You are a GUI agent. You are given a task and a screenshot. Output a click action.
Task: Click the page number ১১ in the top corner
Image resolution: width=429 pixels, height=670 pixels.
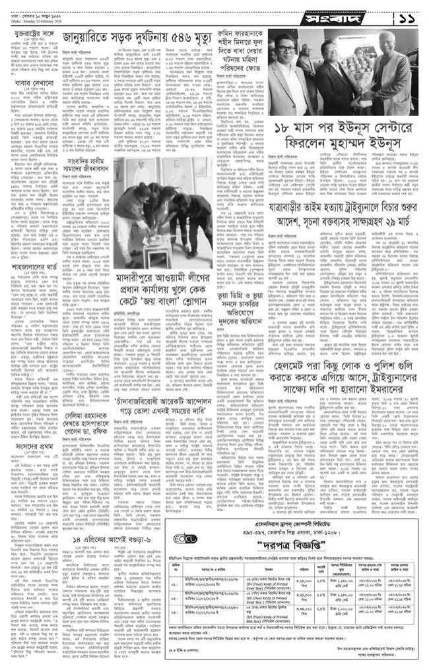[x=405, y=15]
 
